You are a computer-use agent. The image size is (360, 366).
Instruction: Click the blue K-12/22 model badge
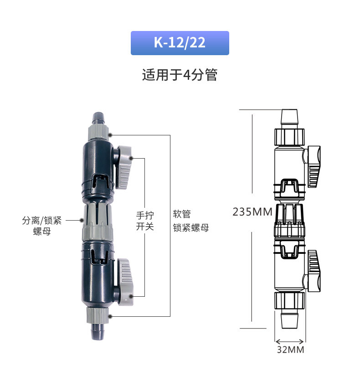tap(180, 43)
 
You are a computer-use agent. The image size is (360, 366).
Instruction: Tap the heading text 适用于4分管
tap(180, 75)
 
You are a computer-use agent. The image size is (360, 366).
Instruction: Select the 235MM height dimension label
tap(252, 212)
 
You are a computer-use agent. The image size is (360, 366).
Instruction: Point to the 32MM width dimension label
tap(290, 350)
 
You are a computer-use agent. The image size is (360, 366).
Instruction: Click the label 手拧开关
tap(145, 221)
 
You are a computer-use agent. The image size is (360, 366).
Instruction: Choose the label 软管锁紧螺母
tap(191, 221)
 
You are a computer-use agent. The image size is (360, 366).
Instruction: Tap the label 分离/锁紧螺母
tap(42, 226)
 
